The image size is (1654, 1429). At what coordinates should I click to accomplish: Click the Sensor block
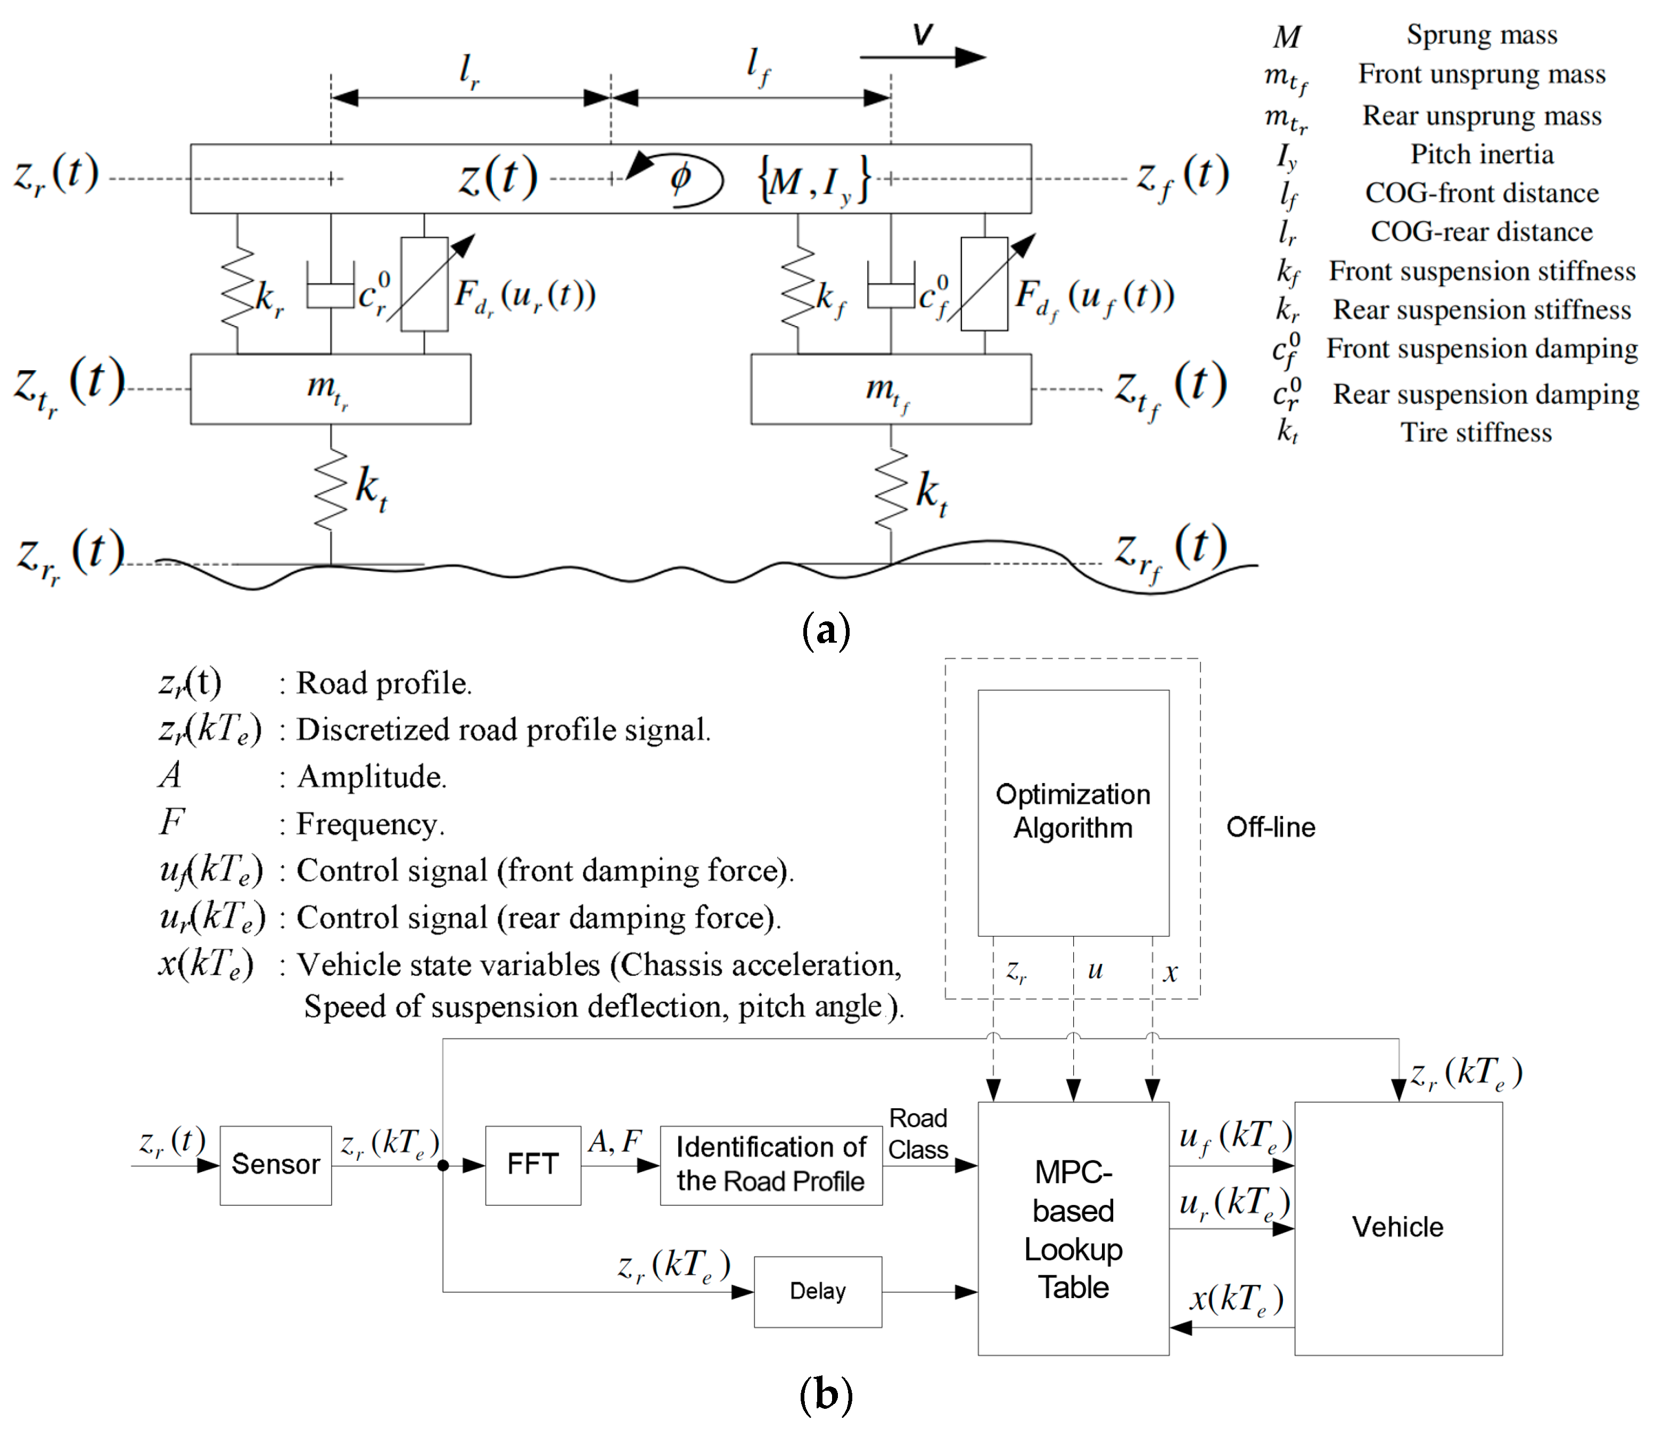coord(275,1165)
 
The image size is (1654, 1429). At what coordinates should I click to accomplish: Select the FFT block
coord(532,1165)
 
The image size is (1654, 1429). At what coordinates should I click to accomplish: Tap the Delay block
coord(818,1291)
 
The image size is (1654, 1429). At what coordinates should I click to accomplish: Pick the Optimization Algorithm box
coord(1073,812)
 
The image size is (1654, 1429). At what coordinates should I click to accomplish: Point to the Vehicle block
coord(1398,1227)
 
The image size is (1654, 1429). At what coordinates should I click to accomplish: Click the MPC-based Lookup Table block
coord(1073,1229)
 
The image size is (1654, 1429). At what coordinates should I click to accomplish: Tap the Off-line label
coord(1270,827)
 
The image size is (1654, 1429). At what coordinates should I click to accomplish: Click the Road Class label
coord(918,1134)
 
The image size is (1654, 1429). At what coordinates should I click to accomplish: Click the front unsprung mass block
coord(890,389)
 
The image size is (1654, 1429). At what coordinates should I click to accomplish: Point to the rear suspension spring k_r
coord(238,287)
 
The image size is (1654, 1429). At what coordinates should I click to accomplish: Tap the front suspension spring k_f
coord(799,287)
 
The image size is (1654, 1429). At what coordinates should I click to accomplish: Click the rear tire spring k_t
coord(331,488)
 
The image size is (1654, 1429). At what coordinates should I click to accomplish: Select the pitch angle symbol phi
coord(680,178)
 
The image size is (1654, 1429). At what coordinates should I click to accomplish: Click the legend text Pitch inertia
coord(1482,154)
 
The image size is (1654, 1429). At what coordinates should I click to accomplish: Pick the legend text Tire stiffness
coord(1476,433)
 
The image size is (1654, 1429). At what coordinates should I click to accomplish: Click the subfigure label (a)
coord(826,631)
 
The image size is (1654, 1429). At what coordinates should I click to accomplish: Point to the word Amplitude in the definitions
coord(371,776)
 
